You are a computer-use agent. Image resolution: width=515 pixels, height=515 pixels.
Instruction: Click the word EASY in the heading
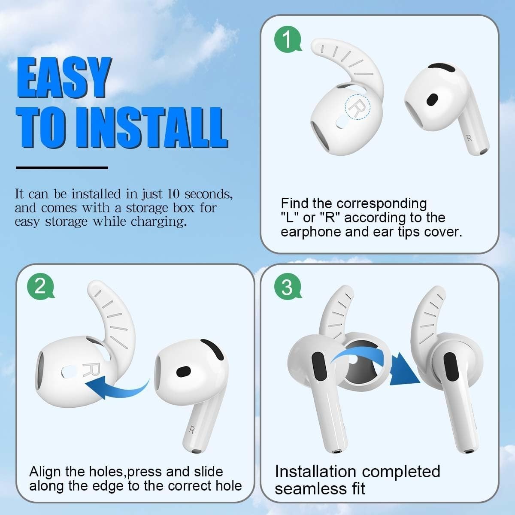64,78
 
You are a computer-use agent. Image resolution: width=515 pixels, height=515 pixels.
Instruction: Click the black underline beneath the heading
62,168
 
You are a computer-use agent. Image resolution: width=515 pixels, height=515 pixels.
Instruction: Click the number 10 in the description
173,194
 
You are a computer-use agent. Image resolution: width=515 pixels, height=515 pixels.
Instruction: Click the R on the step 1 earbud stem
470,138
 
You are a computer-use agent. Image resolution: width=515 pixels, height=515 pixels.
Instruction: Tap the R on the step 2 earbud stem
192,430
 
